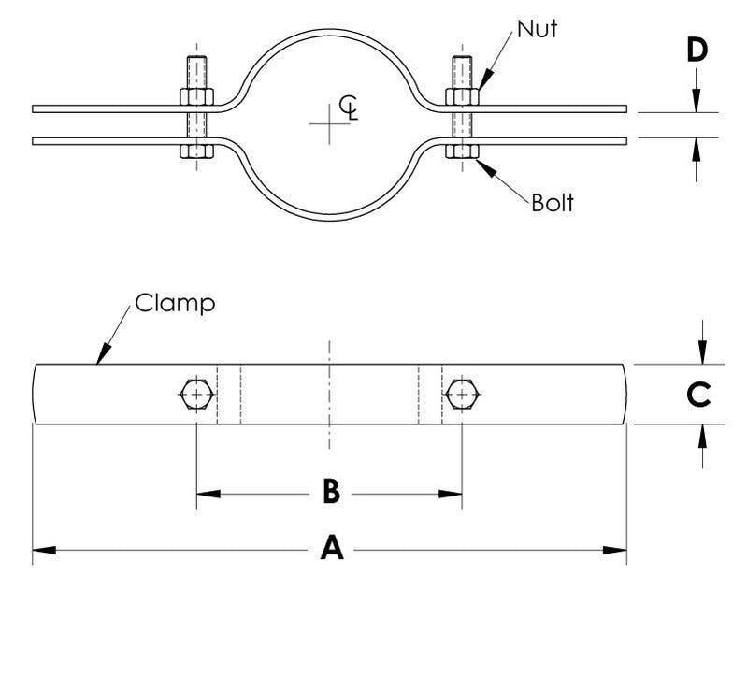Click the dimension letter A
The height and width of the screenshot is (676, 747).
point(331,550)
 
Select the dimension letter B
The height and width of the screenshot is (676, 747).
point(330,491)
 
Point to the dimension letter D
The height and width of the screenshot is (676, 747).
point(697,50)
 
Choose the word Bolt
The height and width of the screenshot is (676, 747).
point(552,202)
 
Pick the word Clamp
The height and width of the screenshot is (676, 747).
point(176,303)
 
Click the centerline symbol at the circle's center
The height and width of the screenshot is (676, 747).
point(348,106)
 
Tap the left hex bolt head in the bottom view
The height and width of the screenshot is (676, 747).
point(194,395)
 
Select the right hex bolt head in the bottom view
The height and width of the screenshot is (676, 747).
point(462,395)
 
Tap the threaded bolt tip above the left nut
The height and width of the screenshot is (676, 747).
point(196,69)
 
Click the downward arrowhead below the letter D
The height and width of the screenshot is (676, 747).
point(697,104)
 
